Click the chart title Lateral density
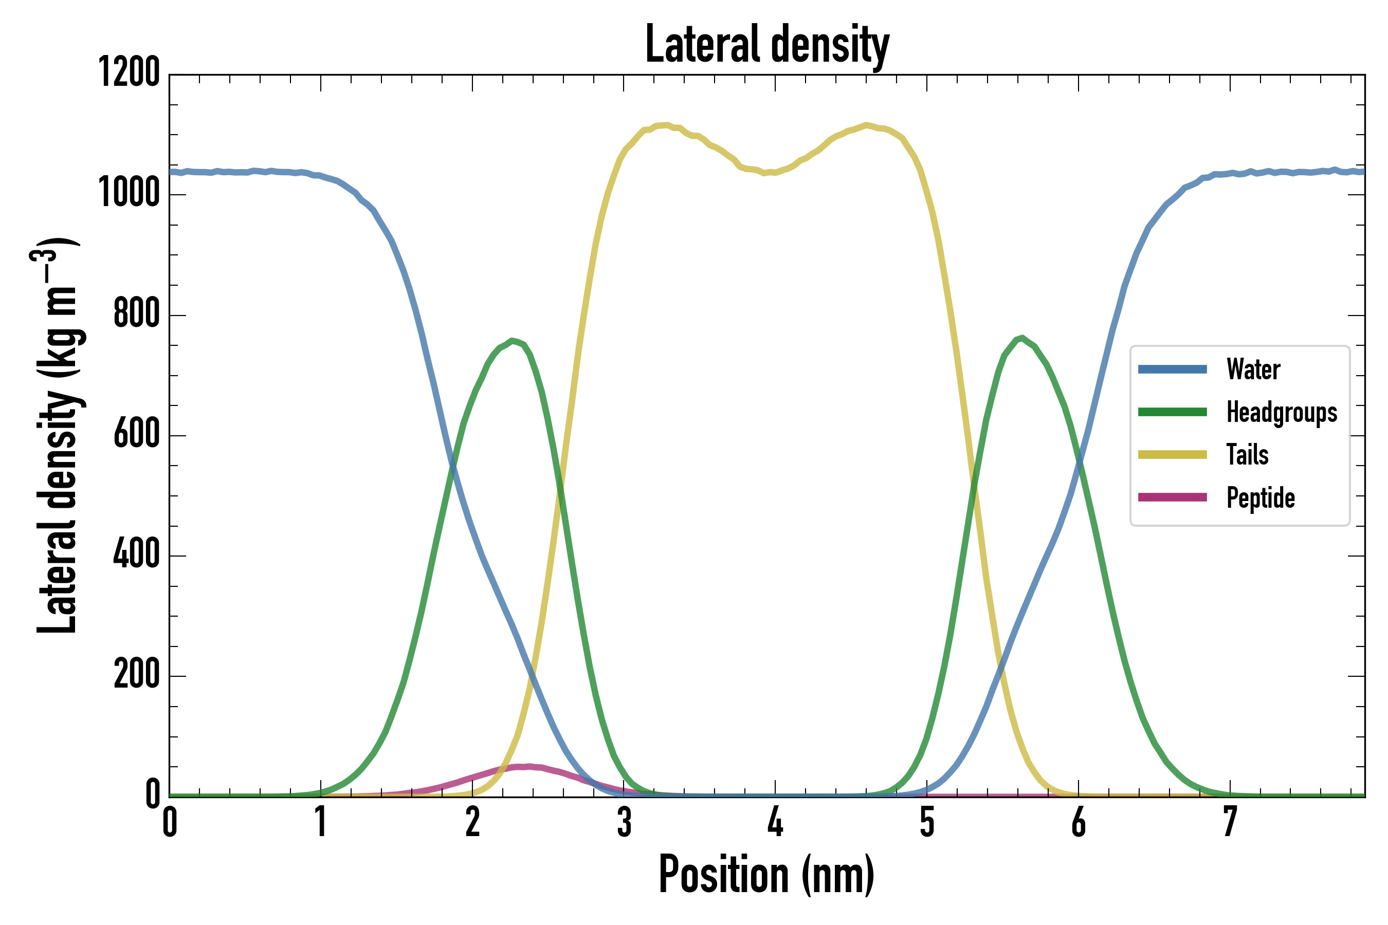766,44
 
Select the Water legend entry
1253,369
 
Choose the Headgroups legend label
1281,412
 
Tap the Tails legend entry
1247,455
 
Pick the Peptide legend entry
1260,498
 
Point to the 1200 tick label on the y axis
129,72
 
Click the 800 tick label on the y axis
136,313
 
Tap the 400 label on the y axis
136,554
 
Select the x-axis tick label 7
1230,822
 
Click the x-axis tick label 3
624,822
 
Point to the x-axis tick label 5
926,822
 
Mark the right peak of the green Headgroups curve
1021,338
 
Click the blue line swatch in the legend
1172,369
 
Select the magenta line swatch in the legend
1172,497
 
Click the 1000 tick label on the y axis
129,193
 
